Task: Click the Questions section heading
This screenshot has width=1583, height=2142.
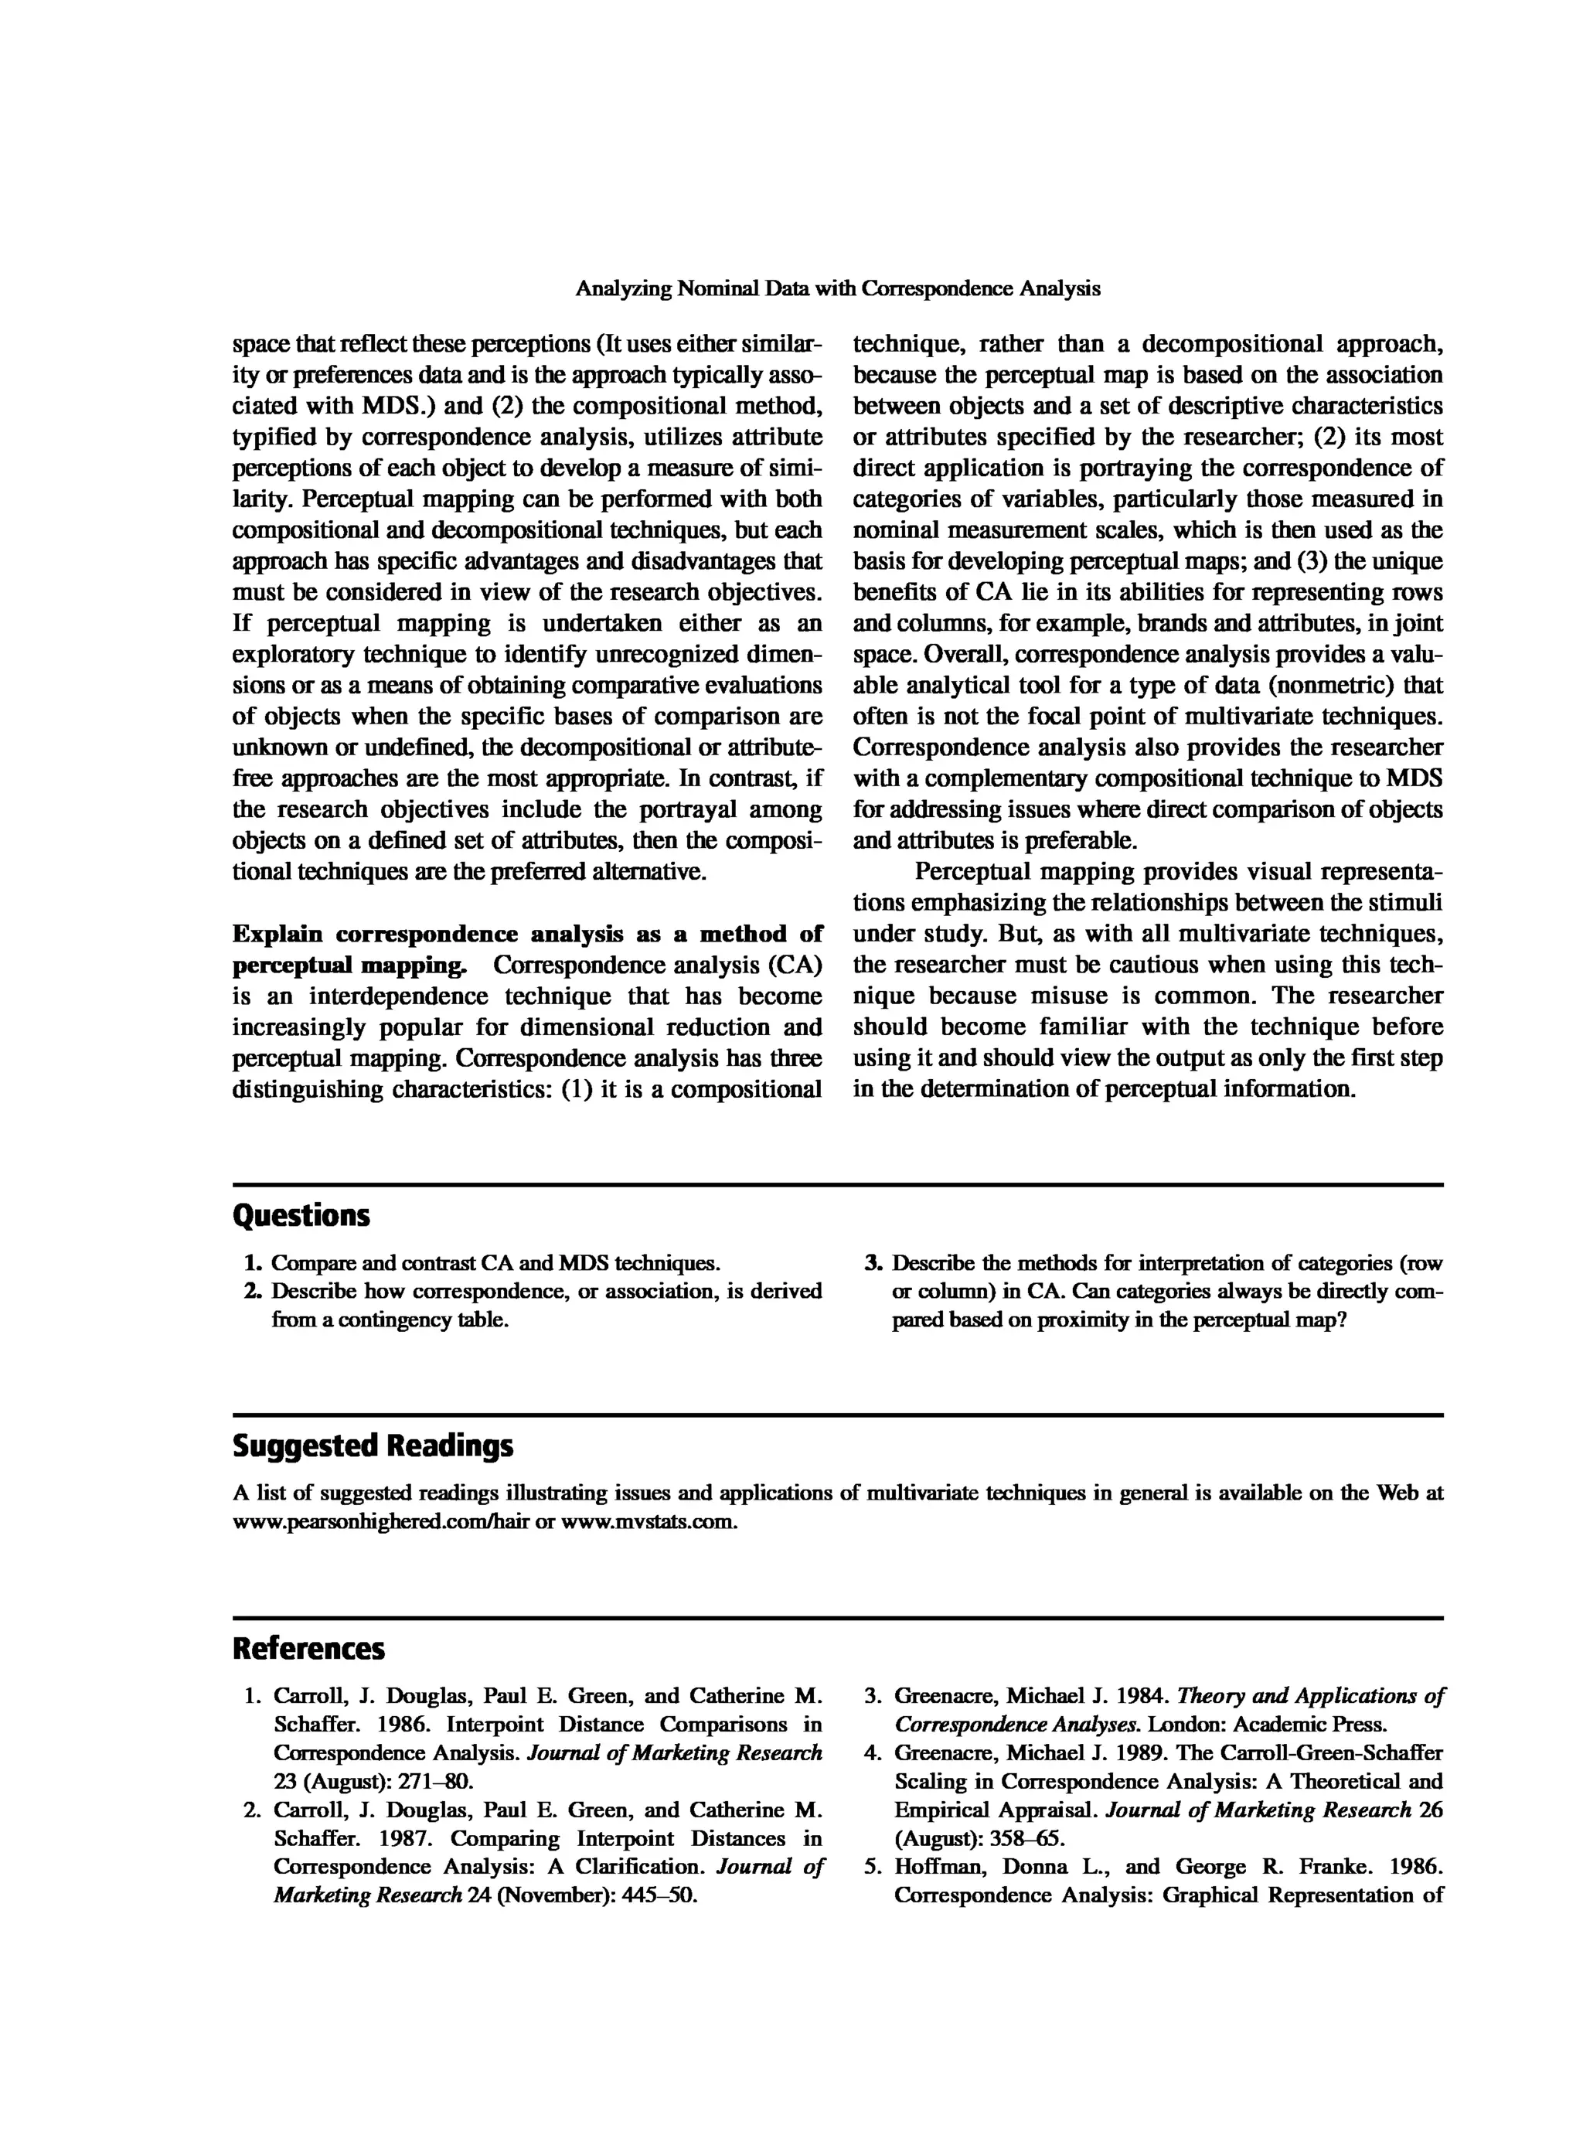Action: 301,1216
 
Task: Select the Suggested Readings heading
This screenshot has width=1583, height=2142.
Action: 373,1446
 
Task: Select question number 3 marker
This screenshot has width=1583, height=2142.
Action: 873,1263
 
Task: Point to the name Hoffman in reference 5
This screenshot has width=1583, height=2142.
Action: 939,1867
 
